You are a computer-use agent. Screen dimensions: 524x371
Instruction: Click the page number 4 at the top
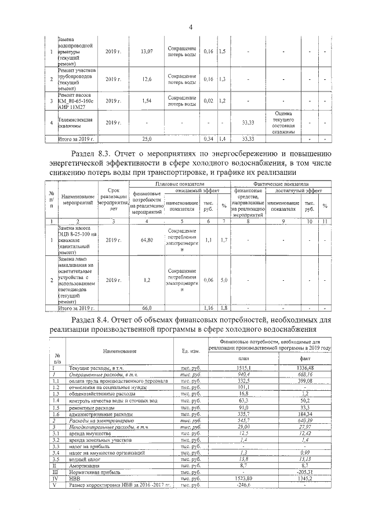click(x=190, y=27)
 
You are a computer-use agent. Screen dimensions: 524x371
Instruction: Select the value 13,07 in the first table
click(x=147, y=52)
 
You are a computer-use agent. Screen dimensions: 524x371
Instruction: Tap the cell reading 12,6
click(x=147, y=79)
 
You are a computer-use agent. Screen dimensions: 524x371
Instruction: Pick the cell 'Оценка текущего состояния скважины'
click(x=282, y=122)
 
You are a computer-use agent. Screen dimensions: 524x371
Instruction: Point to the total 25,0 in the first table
click(x=147, y=140)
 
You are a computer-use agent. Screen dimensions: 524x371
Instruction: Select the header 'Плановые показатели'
click(x=179, y=183)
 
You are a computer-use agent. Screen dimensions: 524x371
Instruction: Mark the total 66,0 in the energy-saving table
click(x=147, y=307)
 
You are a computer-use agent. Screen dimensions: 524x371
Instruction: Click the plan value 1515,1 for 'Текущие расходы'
click(x=242, y=368)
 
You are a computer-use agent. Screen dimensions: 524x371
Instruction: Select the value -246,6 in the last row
click(x=242, y=486)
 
